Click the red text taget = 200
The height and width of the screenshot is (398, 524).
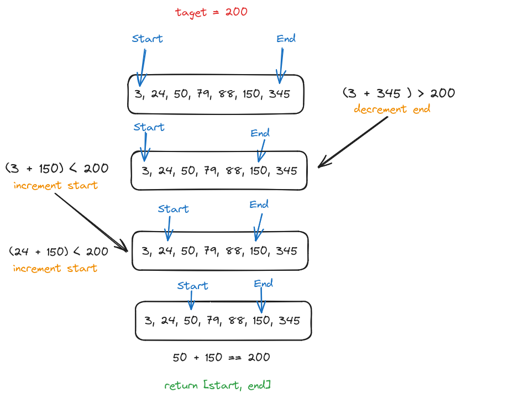211,12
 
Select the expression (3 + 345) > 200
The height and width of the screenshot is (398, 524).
398,93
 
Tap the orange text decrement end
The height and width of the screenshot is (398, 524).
392,109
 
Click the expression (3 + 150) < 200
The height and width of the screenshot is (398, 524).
56,168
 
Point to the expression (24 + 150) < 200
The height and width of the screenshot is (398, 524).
59,252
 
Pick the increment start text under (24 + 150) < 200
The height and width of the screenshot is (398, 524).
55,268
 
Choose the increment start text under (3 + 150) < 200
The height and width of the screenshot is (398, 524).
55,185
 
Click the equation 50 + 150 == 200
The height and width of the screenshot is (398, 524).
221,357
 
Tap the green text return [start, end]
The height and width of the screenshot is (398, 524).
217,385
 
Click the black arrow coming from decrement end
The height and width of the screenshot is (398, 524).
354,142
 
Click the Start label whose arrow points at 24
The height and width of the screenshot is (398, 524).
173,209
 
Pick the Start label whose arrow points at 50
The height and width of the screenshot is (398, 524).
192,286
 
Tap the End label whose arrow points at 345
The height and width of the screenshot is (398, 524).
286,38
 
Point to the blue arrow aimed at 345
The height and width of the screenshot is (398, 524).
281,65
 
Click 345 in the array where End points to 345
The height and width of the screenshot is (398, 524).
279,94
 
